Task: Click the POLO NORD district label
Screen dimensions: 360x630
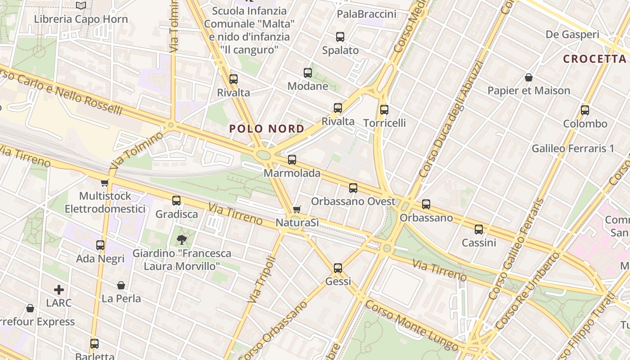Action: pos(266,129)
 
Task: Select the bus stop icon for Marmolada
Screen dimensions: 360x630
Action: pos(292,160)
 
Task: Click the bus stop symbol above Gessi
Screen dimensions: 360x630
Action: pos(338,268)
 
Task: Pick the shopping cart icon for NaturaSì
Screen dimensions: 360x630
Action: pos(297,209)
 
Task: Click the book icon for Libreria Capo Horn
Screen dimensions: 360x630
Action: pos(81,6)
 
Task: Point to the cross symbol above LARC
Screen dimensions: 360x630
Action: pos(59,290)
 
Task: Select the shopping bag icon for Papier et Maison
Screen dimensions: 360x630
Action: pos(529,77)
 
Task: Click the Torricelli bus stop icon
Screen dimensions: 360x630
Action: pos(384,109)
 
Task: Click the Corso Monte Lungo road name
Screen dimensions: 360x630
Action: pos(411,325)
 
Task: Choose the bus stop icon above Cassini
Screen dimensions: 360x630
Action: pos(479,229)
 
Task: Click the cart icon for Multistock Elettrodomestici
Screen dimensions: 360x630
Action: pos(105,183)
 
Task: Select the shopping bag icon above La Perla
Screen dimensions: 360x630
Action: pos(121,285)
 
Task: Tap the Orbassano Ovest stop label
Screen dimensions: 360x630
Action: pos(353,201)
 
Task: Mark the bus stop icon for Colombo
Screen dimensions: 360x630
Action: pos(585,110)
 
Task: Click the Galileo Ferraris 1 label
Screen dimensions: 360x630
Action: pos(572,148)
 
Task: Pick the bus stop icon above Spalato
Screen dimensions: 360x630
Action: pos(340,37)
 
